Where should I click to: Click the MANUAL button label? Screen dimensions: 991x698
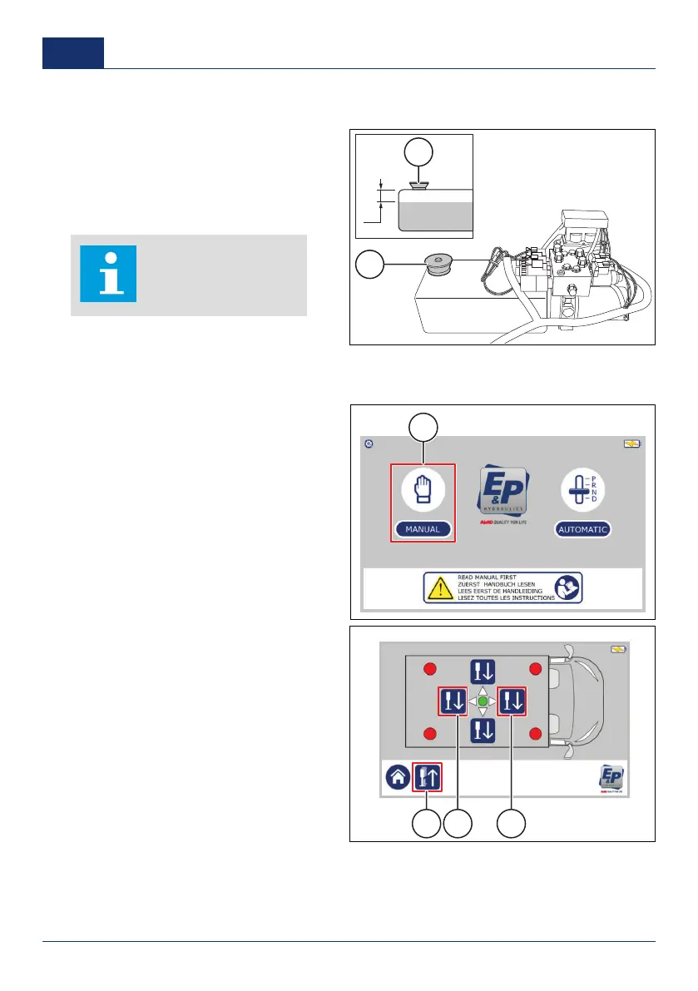(423, 528)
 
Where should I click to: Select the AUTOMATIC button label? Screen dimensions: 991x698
(583, 529)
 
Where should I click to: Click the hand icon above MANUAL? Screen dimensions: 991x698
(423, 487)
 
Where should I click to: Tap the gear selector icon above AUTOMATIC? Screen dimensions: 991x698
(583, 487)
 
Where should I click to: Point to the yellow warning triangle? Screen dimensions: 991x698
(438, 587)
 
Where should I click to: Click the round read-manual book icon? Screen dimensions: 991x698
(567, 587)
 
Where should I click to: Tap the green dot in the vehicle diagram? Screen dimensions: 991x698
(483, 702)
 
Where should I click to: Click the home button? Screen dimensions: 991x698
(396, 778)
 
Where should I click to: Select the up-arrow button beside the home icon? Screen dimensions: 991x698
(428, 778)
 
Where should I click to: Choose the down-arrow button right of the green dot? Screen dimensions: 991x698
(512, 702)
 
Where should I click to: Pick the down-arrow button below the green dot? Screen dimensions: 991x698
(483, 731)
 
